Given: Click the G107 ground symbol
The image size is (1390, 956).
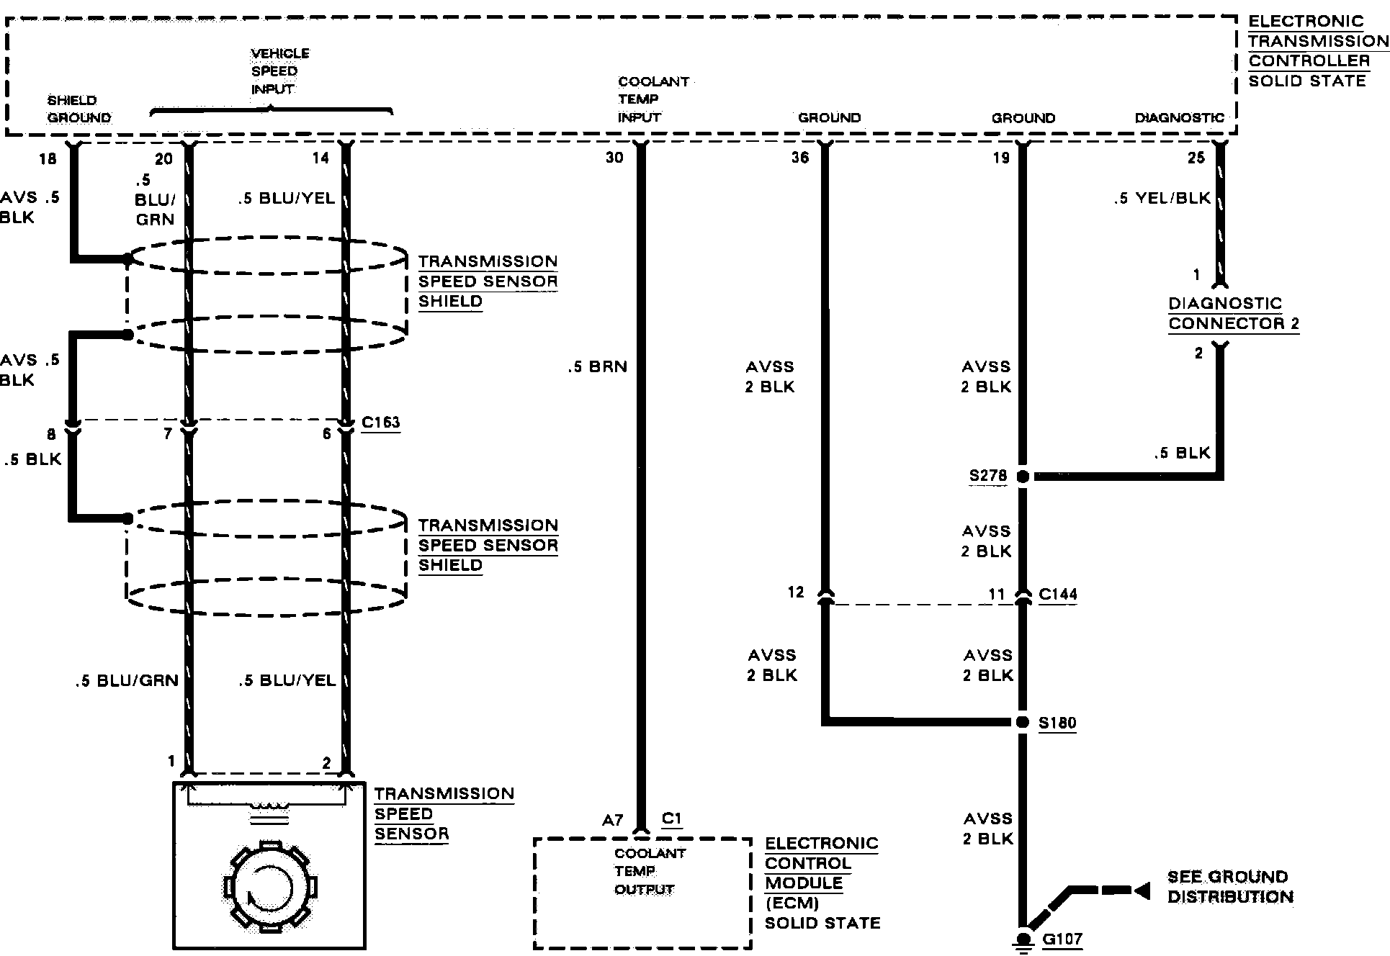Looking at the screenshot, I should click(1022, 939).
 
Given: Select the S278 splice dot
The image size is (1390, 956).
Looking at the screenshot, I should click(1022, 476).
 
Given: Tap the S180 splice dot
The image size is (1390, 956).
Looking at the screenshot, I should click(1022, 722).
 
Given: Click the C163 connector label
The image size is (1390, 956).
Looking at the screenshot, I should click(380, 422).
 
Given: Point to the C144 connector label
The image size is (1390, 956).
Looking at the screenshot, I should click(1058, 595).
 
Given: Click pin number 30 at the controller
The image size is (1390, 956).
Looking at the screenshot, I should click(614, 158).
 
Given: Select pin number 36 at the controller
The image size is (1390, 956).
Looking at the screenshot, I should click(800, 158).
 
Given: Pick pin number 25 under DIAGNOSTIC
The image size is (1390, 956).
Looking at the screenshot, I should click(1196, 158).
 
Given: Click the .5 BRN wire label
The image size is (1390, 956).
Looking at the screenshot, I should click(597, 367).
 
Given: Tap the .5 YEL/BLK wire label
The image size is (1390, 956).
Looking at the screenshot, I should click(1162, 199).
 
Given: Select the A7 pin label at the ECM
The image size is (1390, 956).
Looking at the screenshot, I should click(612, 821).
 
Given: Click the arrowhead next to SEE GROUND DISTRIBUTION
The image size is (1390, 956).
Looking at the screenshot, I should click(1142, 891).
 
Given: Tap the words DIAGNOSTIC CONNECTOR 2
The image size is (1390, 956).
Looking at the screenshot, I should click(1234, 314).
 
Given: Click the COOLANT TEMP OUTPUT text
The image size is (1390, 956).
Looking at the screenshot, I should click(643, 871).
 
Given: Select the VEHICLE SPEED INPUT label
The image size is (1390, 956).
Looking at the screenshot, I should click(279, 71).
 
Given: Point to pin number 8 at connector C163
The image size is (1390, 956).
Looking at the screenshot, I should click(50, 434).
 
